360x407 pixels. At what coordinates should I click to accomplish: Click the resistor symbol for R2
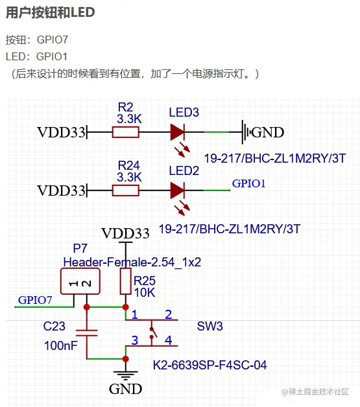pyautogui.click(x=125, y=132)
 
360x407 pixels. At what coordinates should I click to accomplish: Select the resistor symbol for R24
pyautogui.click(x=125, y=191)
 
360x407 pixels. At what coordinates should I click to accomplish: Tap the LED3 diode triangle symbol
pyautogui.click(x=177, y=132)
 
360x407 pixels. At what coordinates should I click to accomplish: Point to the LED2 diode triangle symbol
pyautogui.click(x=177, y=191)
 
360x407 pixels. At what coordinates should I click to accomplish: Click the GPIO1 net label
pyautogui.click(x=248, y=183)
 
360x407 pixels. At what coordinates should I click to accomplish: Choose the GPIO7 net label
pyautogui.click(x=35, y=300)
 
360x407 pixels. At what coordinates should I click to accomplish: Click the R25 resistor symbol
pyautogui.click(x=125, y=281)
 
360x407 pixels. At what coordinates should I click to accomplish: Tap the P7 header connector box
pyautogui.click(x=80, y=281)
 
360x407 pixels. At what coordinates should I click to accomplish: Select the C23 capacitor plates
pyautogui.click(x=87, y=333)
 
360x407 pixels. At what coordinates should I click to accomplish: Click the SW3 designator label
pyautogui.click(x=210, y=326)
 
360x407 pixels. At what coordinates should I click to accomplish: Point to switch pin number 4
pyautogui.click(x=168, y=340)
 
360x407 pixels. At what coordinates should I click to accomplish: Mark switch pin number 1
pyautogui.click(x=134, y=314)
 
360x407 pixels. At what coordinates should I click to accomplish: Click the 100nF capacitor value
pyautogui.click(x=61, y=345)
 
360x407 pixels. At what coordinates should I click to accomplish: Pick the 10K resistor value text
pyautogui.click(x=145, y=293)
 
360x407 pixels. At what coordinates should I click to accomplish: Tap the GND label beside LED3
pyautogui.click(x=267, y=132)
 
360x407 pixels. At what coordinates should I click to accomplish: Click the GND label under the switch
pyautogui.click(x=125, y=389)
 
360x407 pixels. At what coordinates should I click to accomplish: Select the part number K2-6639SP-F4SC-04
pyautogui.click(x=210, y=366)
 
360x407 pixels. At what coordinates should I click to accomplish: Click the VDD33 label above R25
pyautogui.click(x=125, y=233)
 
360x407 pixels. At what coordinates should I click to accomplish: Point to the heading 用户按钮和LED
pyautogui.click(x=51, y=12)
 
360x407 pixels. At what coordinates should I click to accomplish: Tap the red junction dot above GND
pyautogui.click(x=125, y=359)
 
